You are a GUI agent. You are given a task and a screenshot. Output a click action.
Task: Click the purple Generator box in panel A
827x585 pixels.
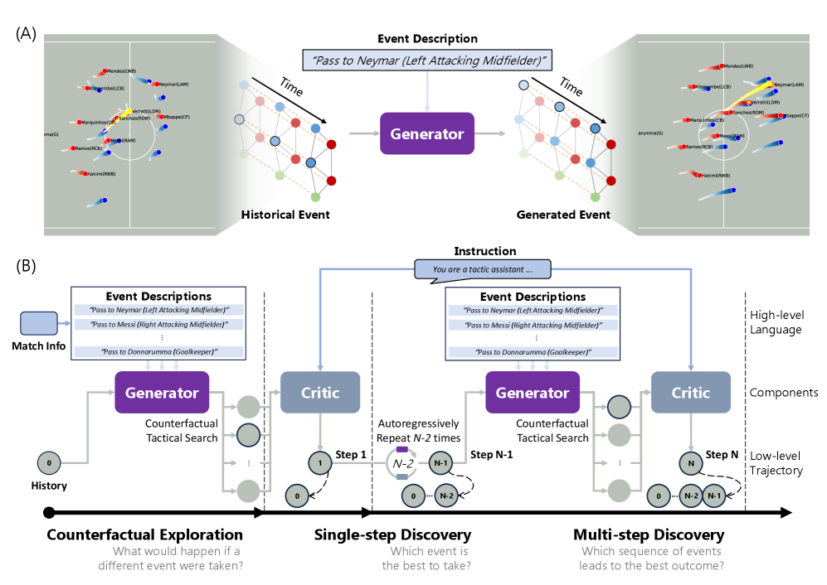(426, 133)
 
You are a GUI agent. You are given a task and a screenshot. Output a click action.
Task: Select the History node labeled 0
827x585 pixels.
(48, 462)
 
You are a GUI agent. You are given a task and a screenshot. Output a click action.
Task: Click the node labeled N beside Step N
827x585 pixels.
(691, 462)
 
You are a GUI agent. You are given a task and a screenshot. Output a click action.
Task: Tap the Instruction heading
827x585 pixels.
(485, 251)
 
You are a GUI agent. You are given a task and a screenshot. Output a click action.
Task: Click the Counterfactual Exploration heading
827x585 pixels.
(145, 534)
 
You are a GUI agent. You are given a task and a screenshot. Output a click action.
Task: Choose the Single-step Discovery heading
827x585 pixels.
(392, 534)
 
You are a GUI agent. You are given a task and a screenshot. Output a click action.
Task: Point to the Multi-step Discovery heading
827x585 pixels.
(649, 534)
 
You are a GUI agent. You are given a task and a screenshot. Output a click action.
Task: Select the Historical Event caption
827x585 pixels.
(285, 215)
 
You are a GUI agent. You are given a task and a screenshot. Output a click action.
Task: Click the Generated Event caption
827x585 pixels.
(563, 215)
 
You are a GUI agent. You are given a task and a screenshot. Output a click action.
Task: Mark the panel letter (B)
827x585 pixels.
(26, 267)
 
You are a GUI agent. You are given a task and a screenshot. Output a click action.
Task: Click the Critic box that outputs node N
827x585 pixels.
(691, 393)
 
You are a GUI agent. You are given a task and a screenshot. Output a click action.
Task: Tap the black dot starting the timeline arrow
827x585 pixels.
(49, 513)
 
